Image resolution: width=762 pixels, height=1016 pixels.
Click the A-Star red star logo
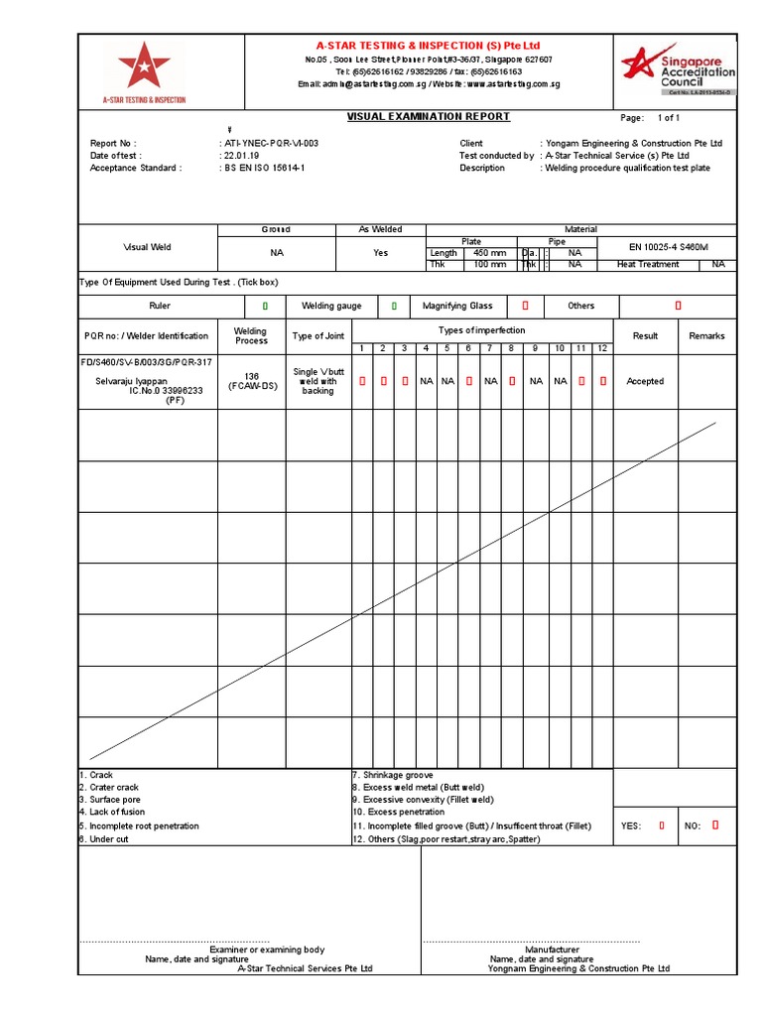[144, 67]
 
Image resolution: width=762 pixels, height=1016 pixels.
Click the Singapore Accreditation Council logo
[678, 66]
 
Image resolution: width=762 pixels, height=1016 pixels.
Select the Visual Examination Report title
[429, 117]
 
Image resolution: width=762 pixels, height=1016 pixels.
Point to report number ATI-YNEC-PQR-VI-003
[270, 144]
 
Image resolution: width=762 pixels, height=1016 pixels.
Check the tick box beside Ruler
[265, 307]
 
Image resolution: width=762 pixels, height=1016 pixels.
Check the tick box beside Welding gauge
[394, 307]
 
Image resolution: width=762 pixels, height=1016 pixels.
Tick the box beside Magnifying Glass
[526, 307]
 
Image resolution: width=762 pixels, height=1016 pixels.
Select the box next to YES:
[663, 825]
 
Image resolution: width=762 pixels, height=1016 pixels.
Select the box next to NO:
[715, 825]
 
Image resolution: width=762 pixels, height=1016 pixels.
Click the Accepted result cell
[645, 382]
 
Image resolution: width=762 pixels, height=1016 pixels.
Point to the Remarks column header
[707, 336]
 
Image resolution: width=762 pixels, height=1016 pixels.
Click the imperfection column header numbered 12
[602, 348]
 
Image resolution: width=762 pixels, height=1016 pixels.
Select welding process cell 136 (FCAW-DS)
[251, 382]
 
